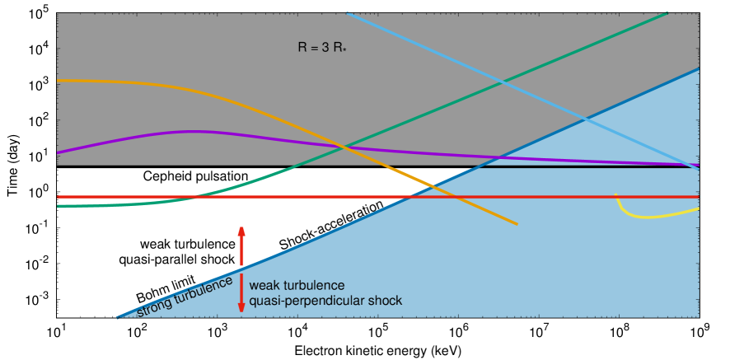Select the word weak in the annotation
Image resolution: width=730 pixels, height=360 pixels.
click(264, 285)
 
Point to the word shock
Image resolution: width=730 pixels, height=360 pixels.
click(386, 301)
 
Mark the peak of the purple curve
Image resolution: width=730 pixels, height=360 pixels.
click(191, 131)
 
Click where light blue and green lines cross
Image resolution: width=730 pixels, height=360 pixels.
click(503, 82)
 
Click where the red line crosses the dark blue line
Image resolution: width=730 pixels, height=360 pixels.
click(410, 197)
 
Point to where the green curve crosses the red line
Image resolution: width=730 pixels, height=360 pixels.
click(194, 197)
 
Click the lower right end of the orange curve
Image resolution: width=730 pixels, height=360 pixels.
click(517, 223)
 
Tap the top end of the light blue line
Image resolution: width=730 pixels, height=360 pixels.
click(347, 12)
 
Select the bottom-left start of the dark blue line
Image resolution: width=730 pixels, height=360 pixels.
click(117, 317)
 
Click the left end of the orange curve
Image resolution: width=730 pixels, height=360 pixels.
click(58, 80)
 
